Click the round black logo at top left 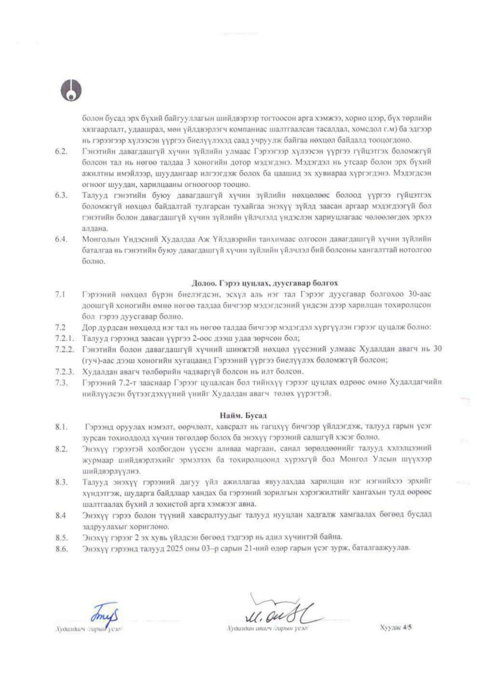click(x=72, y=91)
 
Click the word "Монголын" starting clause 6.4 click(x=99, y=238)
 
